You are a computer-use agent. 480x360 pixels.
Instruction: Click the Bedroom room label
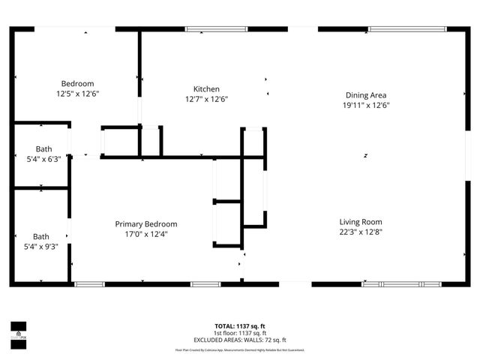[x=77, y=83]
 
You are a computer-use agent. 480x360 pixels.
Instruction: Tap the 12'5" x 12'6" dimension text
[x=77, y=94]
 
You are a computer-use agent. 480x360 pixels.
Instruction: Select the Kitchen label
[x=206, y=88]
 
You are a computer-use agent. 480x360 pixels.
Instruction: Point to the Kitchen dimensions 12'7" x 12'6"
[x=206, y=99]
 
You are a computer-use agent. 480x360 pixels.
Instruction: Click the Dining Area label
[x=366, y=94]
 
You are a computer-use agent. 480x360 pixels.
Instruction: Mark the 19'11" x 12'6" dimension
[x=366, y=105]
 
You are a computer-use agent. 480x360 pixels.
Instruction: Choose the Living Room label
[x=361, y=221]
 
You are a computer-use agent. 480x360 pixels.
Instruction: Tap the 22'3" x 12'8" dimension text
[x=361, y=232]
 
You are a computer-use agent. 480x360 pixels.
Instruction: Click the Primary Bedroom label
[x=146, y=223]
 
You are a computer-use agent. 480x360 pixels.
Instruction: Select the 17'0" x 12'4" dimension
[x=146, y=234]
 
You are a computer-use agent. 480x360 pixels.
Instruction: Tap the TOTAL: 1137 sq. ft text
[x=240, y=326]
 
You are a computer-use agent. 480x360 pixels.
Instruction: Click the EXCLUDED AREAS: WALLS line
[x=240, y=340]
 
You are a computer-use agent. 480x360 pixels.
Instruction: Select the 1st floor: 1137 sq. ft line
[x=240, y=333]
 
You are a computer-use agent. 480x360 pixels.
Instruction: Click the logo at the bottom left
[x=18, y=331]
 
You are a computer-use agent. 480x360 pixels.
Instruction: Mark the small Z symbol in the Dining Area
[x=365, y=155]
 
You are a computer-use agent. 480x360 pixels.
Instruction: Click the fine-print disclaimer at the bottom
[x=240, y=349]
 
